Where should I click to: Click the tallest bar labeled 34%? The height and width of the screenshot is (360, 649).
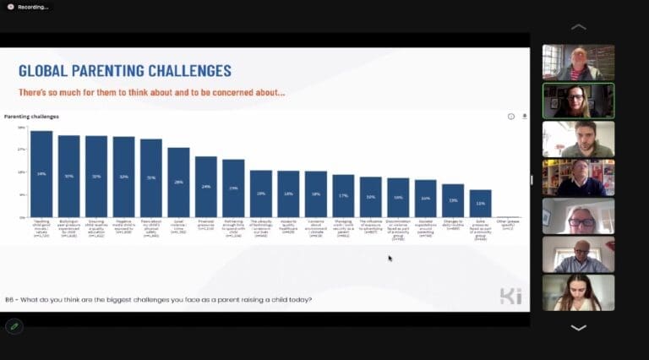coord(41,174)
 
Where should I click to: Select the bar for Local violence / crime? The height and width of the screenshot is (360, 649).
coord(178,183)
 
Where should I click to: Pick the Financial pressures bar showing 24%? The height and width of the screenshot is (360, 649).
coord(206,187)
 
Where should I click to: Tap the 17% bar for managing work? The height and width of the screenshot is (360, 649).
coord(343,196)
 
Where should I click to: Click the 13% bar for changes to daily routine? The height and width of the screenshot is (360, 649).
coord(453,201)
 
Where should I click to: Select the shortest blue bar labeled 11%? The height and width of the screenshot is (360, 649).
coord(481,204)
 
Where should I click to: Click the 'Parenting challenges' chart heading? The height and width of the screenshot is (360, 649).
coord(31,116)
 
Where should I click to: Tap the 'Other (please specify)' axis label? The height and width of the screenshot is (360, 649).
coord(508,226)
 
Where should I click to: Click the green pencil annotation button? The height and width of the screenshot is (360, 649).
coord(14,326)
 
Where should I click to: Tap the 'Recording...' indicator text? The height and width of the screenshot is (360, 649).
coord(33,7)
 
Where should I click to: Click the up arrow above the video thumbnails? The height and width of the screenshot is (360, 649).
coord(579,27)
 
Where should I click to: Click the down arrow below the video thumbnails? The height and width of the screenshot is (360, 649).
coord(579,328)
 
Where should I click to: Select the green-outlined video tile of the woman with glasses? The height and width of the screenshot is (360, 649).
coord(578,101)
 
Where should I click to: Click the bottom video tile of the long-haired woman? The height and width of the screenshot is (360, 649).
coord(578,292)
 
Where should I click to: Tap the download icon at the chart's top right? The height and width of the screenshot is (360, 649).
coord(524,117)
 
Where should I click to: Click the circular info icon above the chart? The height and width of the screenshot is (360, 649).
coord(510,117)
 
